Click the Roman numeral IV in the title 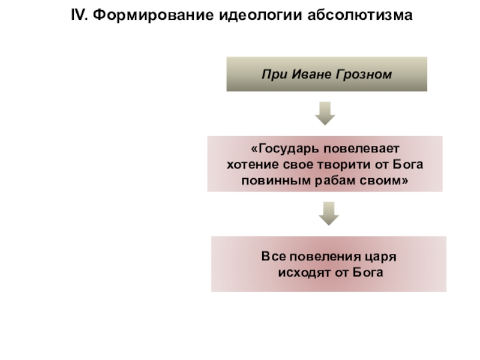click(79, 14)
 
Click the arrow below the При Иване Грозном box click(325, 113)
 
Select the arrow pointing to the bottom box click(328, 214)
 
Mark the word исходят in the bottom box click(303, 272)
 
